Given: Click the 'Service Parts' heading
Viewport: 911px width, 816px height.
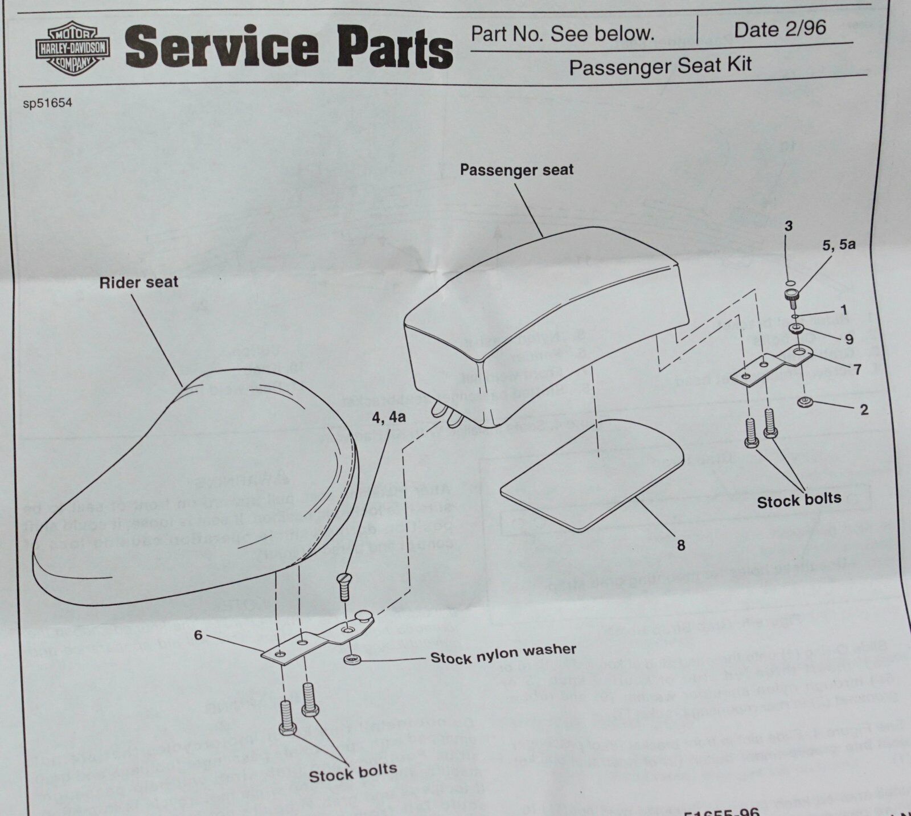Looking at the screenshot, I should coord(289,48).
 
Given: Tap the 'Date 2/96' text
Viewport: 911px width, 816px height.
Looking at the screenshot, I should coord(779,29).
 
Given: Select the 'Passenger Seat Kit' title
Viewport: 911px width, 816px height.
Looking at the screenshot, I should coord(660,67).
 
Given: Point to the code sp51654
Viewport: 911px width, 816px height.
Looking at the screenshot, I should coord(48,104).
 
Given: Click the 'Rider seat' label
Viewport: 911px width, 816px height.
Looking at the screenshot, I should coord(138,282).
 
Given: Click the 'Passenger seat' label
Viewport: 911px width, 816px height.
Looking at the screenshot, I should coord(516,170).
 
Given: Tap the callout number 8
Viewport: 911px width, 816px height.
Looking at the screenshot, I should coord(681,545).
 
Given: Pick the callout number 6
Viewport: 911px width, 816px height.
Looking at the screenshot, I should coord(198,635).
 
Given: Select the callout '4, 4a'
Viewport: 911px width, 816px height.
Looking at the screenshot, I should coord(388,417).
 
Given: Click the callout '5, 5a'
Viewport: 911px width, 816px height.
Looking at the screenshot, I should coord(839,245).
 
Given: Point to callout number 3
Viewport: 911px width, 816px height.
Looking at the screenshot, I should coord(788,226).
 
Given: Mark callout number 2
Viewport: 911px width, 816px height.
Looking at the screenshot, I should coord(864,409).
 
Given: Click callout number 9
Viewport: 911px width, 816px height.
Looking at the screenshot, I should coord(849,339).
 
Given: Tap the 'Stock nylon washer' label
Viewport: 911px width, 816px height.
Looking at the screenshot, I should coord(503,654).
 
